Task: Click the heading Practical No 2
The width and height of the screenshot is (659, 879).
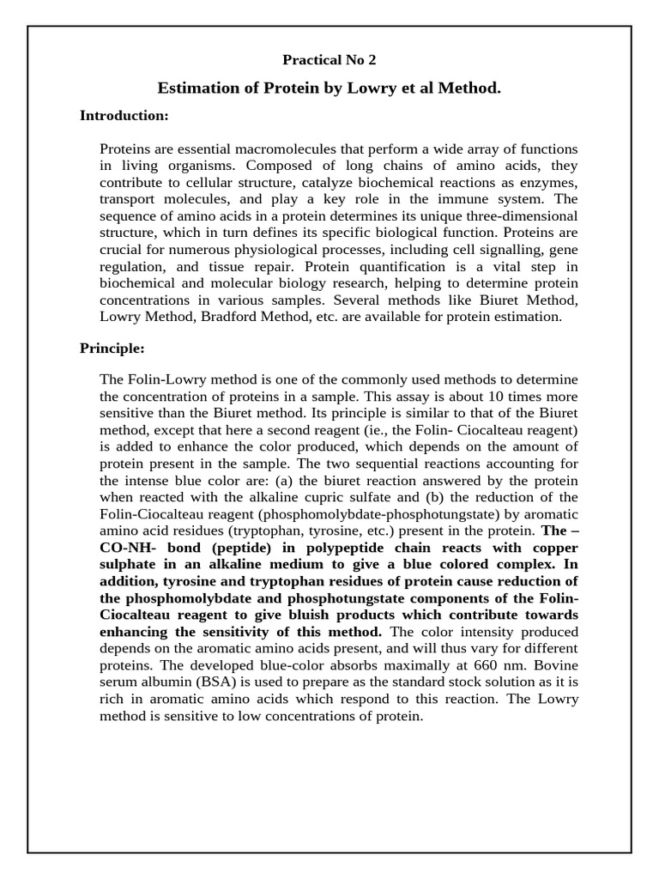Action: point(329,60)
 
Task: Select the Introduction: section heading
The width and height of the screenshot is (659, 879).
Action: point(124,115)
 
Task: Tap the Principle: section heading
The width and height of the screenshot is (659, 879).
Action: point(112,349)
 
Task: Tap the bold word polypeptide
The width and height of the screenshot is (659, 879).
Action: point(336,547)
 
